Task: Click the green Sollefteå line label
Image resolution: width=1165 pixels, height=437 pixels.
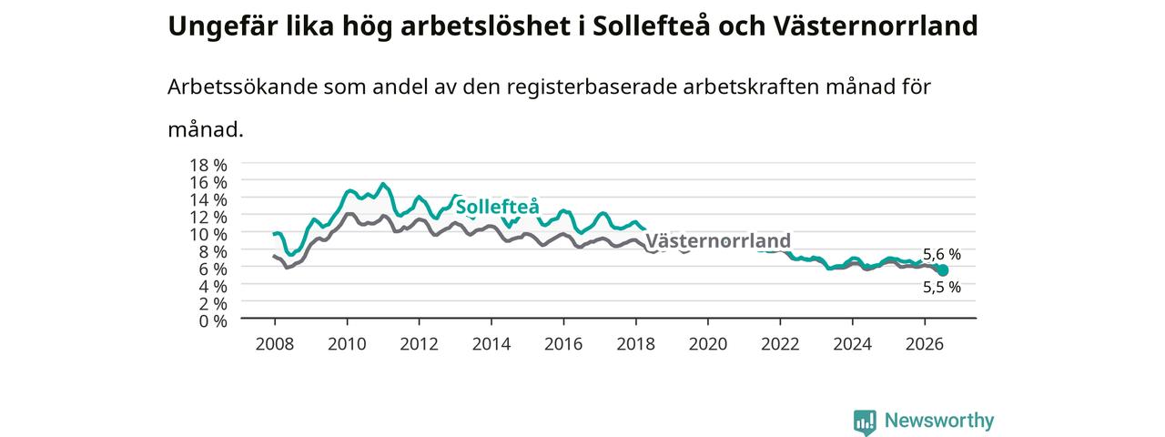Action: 498,207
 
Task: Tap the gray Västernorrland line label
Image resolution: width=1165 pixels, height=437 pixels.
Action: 718,241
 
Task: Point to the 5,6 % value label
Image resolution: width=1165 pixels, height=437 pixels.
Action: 942,254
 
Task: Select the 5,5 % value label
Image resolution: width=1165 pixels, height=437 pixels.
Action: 942,287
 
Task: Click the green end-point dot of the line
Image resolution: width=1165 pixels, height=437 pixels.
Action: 943,270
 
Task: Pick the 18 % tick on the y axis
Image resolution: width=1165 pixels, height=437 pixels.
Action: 208,166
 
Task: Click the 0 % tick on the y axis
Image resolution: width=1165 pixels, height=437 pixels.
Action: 213,321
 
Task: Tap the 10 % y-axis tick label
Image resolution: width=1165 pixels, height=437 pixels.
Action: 208,235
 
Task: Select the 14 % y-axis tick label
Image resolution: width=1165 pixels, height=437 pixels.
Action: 208,199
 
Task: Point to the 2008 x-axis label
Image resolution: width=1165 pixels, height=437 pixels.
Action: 275,344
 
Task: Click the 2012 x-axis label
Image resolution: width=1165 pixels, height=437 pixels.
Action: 420,344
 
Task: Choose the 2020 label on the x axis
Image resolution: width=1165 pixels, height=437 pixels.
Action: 708,344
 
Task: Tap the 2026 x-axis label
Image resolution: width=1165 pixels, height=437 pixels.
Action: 925,344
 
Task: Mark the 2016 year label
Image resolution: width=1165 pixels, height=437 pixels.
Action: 563,344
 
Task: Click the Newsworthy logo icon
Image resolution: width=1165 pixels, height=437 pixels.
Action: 865,422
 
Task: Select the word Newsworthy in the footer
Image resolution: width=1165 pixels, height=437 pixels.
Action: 939,421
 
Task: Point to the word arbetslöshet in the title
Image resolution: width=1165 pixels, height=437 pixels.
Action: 486,26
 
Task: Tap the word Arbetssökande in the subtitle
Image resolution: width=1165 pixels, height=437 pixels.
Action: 242,86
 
